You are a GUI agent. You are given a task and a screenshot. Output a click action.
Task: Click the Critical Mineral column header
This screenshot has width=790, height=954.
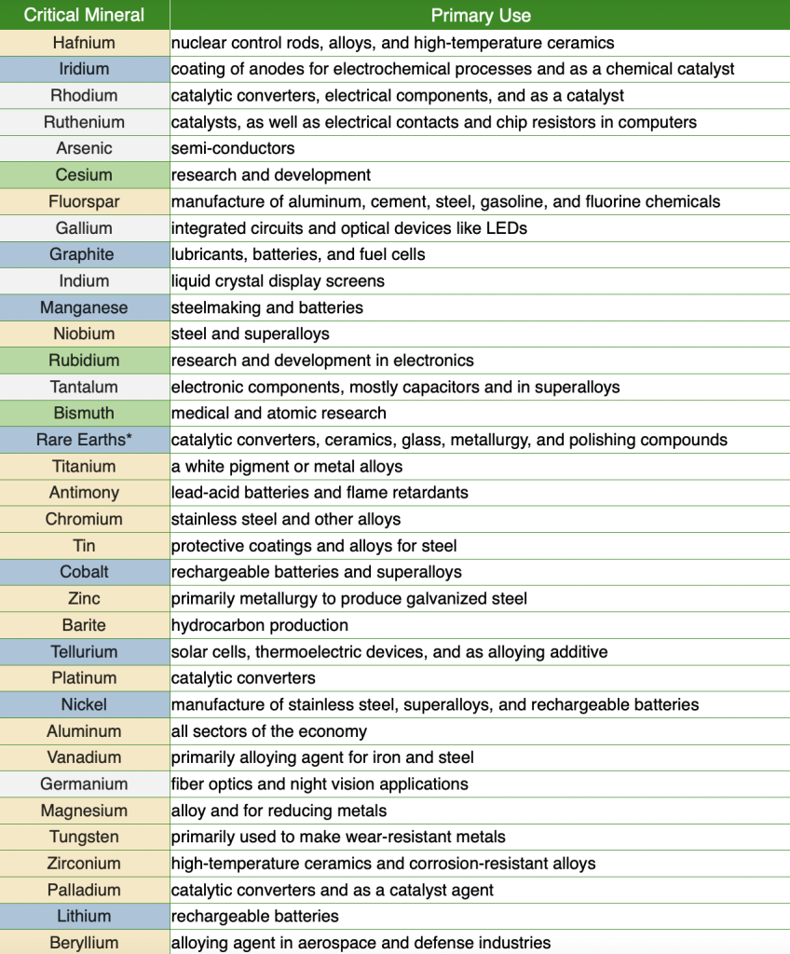click(x=84, y=15)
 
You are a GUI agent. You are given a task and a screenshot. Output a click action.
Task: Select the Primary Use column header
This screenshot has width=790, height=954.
click(x=480, y=15)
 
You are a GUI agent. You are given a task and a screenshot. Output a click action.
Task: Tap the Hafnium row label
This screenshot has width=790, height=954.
click(x=84, y=42)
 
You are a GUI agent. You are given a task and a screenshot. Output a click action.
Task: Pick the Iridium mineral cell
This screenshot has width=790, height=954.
click(x=84, y=69)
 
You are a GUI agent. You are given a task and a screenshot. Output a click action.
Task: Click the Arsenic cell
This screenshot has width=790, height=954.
click(x=84, y=148)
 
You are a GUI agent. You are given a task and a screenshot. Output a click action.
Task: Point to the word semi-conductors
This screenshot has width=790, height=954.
click(x=233, y=148)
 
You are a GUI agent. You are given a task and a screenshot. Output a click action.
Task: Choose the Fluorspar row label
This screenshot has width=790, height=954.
click(x=84, y=201)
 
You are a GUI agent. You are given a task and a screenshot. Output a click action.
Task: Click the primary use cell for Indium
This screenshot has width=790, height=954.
click(x=278, y=280)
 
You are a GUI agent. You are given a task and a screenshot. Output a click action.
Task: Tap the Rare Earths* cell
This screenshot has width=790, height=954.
click(x=84, y=440)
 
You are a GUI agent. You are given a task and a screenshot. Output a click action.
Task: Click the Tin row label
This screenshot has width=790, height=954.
click(x=84, y=546)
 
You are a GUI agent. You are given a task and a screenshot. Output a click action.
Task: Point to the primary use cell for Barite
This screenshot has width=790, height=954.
click(x=260, y=625)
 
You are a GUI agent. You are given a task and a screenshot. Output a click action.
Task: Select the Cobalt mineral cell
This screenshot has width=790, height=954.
click(x=84, y=572)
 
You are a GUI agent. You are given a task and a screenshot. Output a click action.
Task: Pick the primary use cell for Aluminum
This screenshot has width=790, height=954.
click(x=269, y=731)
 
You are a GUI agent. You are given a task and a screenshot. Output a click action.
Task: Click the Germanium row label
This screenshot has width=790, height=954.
click(x=84, y=784)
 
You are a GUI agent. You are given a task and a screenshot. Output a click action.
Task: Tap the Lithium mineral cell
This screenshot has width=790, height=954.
click(x=84, y=917)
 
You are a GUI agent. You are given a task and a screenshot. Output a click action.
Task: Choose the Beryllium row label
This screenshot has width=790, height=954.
click(x=84, y=943)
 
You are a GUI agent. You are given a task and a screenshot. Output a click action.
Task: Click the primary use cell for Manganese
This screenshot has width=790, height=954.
click(x=267, y=307)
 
